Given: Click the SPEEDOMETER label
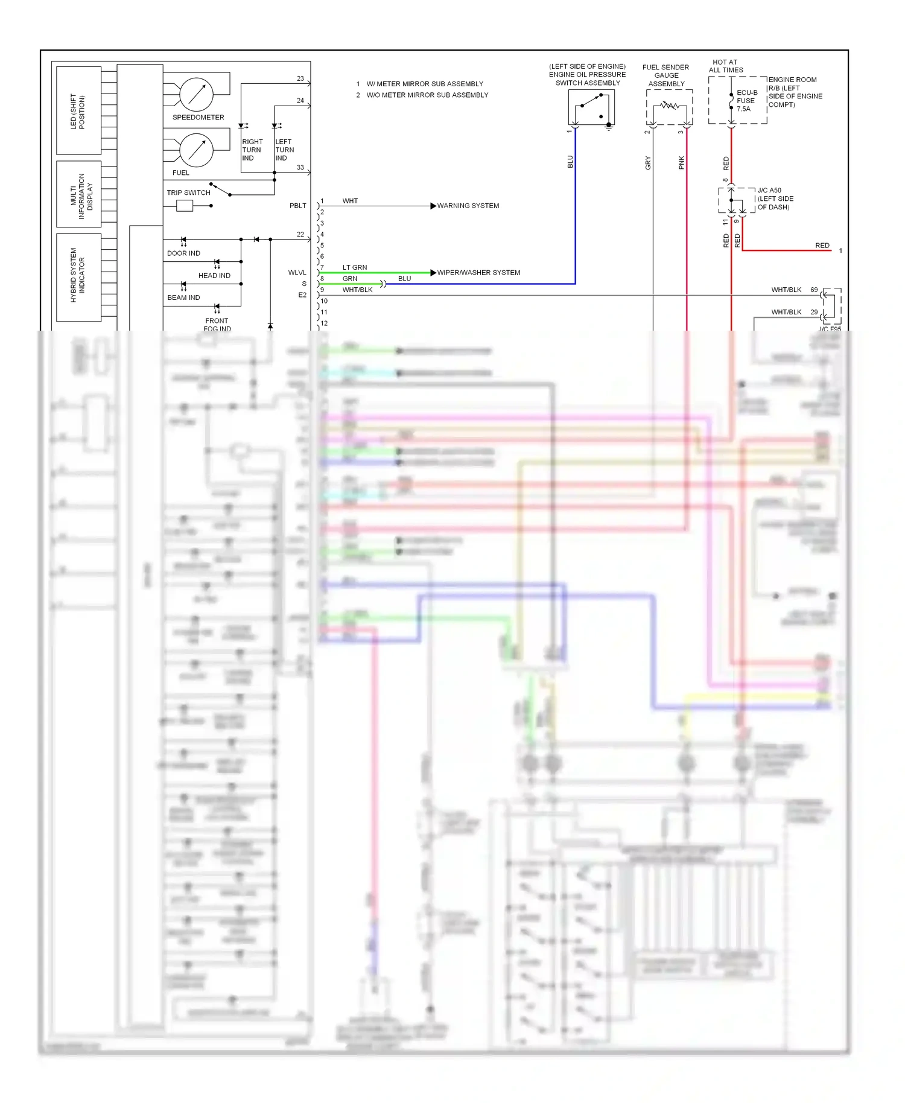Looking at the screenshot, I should pyautogui.click(x=198, y=117).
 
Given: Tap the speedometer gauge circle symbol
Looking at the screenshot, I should pyautogui.click(x=196, y=94).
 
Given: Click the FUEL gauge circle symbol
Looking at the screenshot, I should pyautogui.click(x=196, y=150).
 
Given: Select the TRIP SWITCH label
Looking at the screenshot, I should pyautogui.click(x=188, y=192).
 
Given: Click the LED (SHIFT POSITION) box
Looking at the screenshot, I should pyautogui.click(x=78, y=111).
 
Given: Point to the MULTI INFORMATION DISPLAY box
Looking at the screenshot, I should pyautogui.click(x=78, y=194).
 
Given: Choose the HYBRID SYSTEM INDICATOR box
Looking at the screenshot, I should pyautogui.click(x=78, y=278).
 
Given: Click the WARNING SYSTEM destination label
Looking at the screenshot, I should pyautogui.click(x=468, y=206).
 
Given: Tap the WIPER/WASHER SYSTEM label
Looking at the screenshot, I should pyautogui.click(x=478, y=273).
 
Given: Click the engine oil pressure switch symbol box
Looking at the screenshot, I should pyautogui.click(x=591, y=107).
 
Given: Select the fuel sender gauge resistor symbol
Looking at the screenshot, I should pyautogui.click(x=669, y=106).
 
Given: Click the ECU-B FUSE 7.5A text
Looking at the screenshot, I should pyautogui.click(x=746, y=101).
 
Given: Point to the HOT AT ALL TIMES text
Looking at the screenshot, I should pyautogui.click(x=725, y=66).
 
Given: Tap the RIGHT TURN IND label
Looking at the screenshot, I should pyautogui.click(x=252, y=150).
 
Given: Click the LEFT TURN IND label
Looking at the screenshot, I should pyautogui.click(x=284, y=150).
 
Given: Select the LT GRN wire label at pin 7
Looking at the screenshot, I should pyautogui.click(x=355, y=267).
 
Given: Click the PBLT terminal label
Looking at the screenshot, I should pyautogui.click(x=297, y=206).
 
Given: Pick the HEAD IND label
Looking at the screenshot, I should pyautogui.click(x=214, y=276).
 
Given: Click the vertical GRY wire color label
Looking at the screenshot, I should pyautogui.click(x=648, y=163).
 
